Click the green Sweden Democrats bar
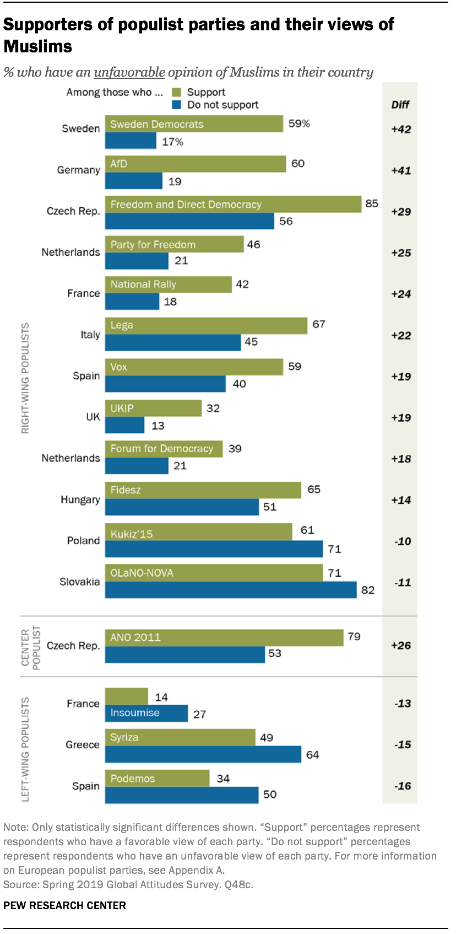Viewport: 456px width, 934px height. pos(194,124)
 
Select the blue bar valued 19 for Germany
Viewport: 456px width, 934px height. pos(133,181)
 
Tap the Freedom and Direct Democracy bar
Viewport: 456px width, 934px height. pos(233,204)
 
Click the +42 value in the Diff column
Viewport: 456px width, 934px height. pos(401,129)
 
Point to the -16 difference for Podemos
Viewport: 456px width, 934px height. pos(403,786)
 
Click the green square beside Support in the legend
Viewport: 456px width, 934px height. pos(176,92)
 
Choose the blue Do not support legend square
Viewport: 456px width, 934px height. pos(176,105)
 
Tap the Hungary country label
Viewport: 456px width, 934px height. pos(80,500)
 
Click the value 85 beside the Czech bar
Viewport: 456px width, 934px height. pos(372,203)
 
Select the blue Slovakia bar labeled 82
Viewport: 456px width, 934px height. pos(231,590)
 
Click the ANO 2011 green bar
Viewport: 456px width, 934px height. pos(224,637)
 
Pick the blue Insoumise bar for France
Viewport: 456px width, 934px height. pos(146,713)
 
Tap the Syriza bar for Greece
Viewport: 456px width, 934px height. pos(180,737)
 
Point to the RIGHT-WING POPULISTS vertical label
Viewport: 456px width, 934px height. pos(25,378)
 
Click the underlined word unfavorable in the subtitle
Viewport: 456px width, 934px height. pos(129,72)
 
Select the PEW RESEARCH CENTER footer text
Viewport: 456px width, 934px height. pos(64,905)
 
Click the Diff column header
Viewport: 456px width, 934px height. pos(400,105)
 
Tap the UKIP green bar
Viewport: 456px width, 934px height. pos(153,408)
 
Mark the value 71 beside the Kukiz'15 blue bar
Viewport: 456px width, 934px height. pos(334,549)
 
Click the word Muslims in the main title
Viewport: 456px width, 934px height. pos(38,46)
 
